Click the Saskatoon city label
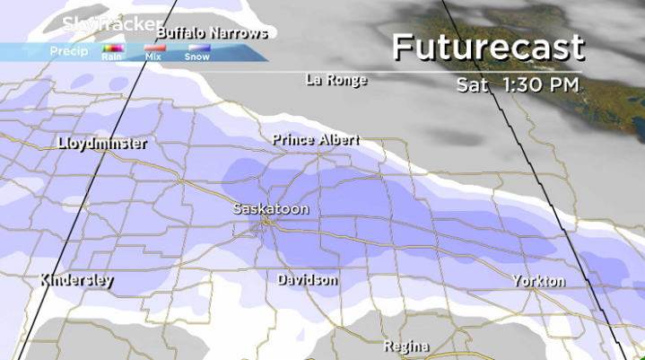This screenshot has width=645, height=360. (271, 208)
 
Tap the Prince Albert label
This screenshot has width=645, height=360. (316, 140)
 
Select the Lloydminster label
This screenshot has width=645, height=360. (101, 143)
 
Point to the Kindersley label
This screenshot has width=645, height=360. (76, 280)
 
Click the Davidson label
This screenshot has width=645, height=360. (308, 280)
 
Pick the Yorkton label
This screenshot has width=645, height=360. (539, 281)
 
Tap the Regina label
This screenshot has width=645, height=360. (406, 346)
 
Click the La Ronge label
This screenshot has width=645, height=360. (336, 80)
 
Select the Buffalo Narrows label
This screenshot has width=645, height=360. (213, 33)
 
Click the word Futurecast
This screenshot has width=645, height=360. (489, 47)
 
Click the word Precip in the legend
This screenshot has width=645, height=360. (69, 51)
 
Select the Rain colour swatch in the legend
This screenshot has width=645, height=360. (112, 48)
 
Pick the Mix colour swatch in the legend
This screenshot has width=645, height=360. (154, 48)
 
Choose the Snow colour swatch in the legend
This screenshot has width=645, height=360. (196, 48)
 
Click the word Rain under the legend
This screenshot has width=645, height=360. (112, 57)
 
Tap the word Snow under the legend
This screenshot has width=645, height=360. (196, 57)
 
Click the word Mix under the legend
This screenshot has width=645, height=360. (153, 57)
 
